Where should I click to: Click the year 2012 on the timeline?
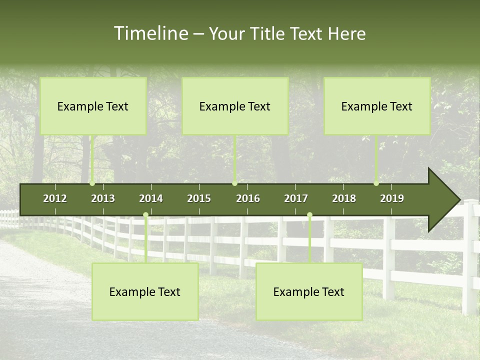55,198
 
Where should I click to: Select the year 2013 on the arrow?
103,198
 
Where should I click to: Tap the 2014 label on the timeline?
151,198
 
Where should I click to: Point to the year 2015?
199,198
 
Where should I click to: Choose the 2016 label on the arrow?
248,198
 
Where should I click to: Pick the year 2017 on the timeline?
296,198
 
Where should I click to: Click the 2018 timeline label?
344,198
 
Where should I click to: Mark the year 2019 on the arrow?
392,198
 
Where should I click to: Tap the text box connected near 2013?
93,106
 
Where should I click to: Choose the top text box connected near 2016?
235,106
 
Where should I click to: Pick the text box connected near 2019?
377,106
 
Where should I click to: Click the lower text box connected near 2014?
145,291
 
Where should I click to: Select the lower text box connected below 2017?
309,291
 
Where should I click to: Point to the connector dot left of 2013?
92,183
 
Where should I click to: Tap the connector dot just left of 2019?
376,183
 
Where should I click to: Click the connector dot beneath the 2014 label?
145,215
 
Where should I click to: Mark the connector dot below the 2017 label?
309,215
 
